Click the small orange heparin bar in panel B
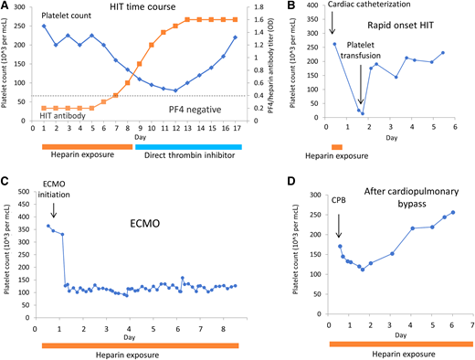click(x=337, y=146)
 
